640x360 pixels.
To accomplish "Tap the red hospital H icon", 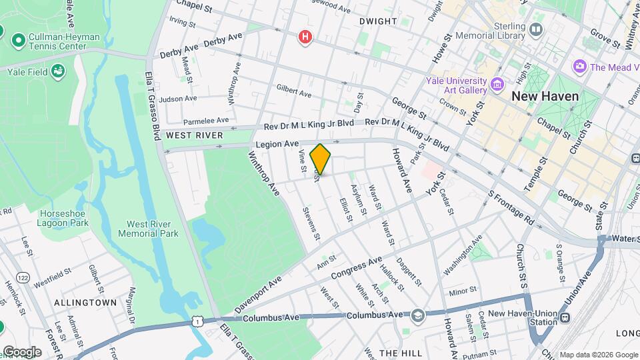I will click(305, 37).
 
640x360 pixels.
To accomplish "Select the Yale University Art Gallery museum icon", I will click(497, 84).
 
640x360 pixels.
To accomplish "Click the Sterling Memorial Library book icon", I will click(535, 29).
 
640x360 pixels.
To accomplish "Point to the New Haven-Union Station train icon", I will click(565, 318).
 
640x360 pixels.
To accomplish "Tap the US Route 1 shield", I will click(197, 322).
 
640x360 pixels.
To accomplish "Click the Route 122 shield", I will click(23, 259).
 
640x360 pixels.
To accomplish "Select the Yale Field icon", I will click(59, 70).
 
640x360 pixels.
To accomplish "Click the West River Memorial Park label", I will click(148, 229).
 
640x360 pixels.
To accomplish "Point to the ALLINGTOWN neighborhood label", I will click(85, 303).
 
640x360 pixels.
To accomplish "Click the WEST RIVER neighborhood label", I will click(194, 135).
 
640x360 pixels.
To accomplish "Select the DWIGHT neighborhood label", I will click(377, 21).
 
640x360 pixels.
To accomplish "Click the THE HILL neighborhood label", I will click(398, 352).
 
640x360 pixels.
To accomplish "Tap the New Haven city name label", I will click(545, 96).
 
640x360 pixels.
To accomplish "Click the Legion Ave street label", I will click(276, 144).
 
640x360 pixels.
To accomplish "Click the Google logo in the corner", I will click(21, 352).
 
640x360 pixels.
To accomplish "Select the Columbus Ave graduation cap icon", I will click(417, 315).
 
